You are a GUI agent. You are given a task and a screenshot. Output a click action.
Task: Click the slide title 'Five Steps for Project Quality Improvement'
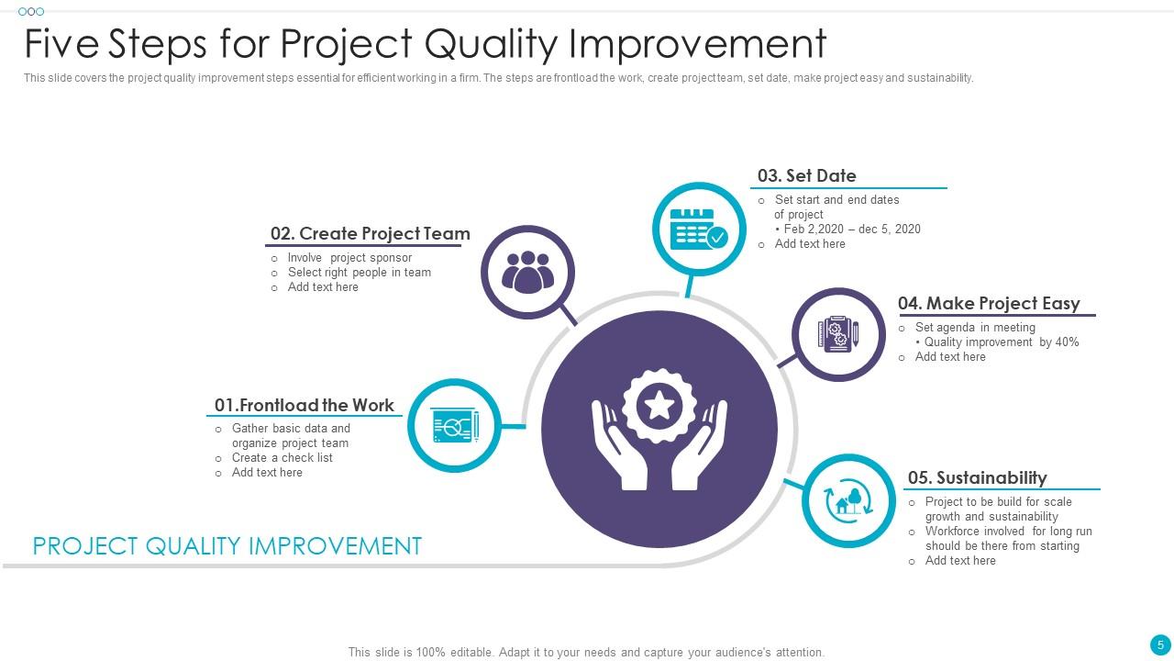[425, 43]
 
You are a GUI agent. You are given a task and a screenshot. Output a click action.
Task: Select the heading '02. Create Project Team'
[370, 234]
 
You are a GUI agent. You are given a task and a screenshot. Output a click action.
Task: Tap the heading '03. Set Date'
[806, 175]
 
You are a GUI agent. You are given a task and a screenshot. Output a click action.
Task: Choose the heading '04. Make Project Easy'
[989, 303]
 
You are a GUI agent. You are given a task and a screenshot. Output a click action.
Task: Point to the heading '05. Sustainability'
[977, 477]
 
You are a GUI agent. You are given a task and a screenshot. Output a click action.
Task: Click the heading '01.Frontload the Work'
[304, 405]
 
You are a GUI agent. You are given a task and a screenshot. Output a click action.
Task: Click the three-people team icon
[527, 273]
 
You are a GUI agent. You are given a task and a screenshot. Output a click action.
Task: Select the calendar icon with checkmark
[699, 229]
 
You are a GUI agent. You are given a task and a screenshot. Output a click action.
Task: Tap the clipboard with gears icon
[838, 334]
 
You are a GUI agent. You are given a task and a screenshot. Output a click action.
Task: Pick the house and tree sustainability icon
[848, 501]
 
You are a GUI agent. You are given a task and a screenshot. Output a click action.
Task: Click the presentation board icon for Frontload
[454, 426]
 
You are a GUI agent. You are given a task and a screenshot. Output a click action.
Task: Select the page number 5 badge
[1160, 645]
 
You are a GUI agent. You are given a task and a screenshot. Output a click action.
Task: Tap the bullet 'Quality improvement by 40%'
[1001, 342]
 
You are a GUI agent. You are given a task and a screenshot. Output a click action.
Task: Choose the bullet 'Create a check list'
[282, 458]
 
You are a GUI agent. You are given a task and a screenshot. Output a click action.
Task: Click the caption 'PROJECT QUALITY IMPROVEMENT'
[227, 546]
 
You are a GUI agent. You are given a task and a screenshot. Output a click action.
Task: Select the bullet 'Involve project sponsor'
[349, 258]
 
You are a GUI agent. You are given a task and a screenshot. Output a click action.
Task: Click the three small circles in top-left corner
[30, 12]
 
